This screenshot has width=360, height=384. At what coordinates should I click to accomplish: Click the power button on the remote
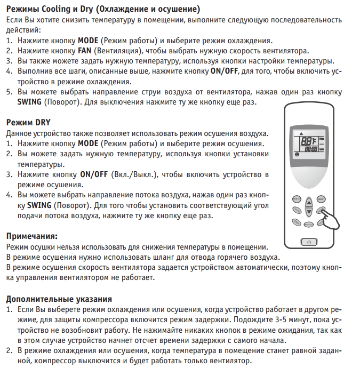coord(309,242)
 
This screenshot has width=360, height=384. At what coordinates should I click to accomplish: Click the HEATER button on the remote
coord(297,198)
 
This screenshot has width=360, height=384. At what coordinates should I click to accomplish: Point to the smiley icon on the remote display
coord(297,154)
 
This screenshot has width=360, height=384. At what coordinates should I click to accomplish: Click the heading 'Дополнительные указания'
coord(59,298)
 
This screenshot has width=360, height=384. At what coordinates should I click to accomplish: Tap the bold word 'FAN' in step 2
coord(85,51)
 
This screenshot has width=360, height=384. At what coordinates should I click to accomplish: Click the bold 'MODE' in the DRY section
coord(88,144)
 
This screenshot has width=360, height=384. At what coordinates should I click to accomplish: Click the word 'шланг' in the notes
coord(150,257)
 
